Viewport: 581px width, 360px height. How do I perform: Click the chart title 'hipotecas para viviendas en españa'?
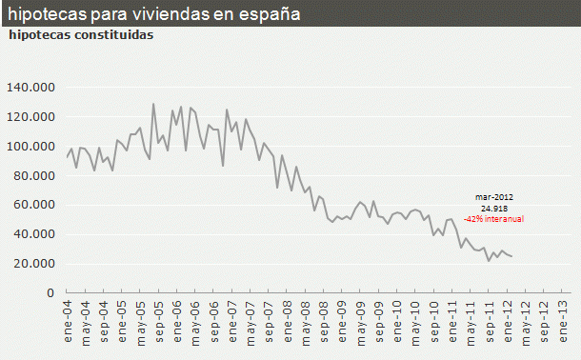152,15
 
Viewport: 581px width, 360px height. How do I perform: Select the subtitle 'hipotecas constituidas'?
81,35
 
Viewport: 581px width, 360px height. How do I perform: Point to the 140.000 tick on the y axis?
32,88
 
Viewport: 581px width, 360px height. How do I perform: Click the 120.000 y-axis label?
32,117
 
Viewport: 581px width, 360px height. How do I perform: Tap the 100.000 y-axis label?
32,147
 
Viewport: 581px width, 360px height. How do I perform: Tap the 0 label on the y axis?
51,293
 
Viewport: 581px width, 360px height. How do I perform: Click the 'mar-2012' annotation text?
493,197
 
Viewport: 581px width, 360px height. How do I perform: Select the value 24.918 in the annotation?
493,208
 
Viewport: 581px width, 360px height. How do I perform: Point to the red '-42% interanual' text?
493,218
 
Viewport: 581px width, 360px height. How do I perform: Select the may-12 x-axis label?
526,316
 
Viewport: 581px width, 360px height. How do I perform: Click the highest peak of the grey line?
153,104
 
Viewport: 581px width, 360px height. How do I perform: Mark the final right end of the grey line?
511,256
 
